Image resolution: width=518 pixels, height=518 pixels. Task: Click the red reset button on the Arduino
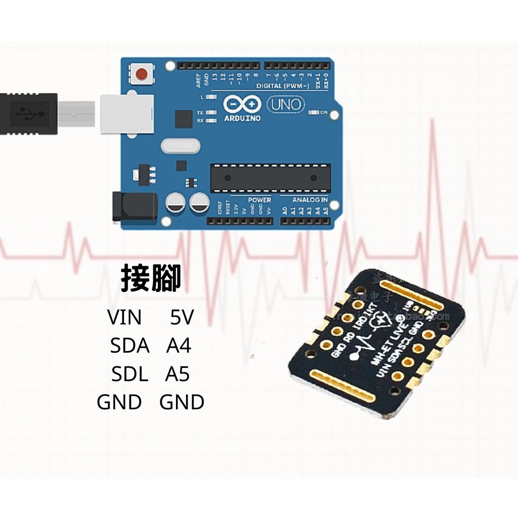tap(142, 74)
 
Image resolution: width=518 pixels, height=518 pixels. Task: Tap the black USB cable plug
tap(28, 113)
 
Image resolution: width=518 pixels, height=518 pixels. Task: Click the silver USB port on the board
tap(126, 114)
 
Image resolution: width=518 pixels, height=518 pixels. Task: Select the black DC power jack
tap(134, 206)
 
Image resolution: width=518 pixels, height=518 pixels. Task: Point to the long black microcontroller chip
tap(270, 178)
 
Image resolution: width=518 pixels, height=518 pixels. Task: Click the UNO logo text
tap(286, 105)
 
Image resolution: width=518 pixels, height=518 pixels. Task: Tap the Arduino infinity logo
tap(242, 105)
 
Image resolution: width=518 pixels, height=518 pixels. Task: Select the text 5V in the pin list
tap(182, 318)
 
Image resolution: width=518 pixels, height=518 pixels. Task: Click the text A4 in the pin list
tap(179, 347)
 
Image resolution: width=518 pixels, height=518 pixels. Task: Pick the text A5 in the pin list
tap(177, 375)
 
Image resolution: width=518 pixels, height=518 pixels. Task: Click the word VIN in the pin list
tap(124, 318)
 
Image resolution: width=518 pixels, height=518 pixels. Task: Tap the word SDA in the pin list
tap(130, 347)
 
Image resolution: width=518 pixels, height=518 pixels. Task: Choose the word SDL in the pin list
tap(130, 375)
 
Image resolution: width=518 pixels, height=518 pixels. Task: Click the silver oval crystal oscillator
tap(181, 146)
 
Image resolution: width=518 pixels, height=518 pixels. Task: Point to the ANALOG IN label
tap(310, 200)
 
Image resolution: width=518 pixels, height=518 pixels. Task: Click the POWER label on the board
tap(259, 200)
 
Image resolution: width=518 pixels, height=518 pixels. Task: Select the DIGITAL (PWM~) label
tap(283, 86)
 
